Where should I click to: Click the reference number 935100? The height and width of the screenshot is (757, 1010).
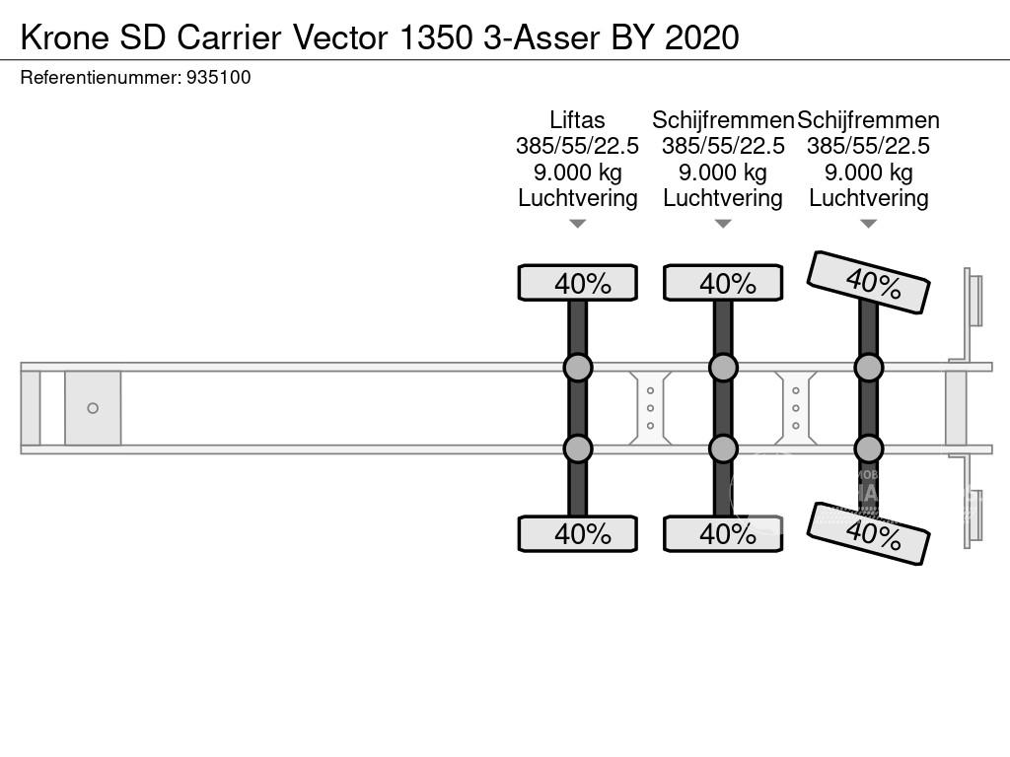pos(218,78)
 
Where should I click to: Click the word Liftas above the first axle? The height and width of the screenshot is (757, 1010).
pos(577,120)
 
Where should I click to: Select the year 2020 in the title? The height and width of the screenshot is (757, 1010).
pos(702,37)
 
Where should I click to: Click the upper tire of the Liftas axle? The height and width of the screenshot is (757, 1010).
pos(578,283)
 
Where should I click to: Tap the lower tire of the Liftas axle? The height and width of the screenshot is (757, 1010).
pos(578,534)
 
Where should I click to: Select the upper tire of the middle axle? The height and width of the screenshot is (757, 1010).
pos(723,283)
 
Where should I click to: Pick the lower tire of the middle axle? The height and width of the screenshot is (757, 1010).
pos(723,534)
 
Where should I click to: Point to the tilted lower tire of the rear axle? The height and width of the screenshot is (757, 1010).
pos(869,534)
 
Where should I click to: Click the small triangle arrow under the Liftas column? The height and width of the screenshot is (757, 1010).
pos(578,224)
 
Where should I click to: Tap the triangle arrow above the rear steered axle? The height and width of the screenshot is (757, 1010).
pos(868,224)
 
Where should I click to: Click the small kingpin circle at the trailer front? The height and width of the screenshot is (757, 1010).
pos(93,408)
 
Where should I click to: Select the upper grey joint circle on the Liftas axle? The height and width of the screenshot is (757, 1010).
pos(578,368)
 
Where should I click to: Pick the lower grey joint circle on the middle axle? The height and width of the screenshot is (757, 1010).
pos(723,448)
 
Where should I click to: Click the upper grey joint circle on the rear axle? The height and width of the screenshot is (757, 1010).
pos(868,368)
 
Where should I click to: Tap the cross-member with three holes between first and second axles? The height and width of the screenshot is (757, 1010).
pos(650,408)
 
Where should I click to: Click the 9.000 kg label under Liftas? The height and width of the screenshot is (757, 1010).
pos(577,172)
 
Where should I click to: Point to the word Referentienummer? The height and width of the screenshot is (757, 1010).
pos(100,78)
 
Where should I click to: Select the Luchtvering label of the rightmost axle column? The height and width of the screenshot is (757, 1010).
pos(868,198)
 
